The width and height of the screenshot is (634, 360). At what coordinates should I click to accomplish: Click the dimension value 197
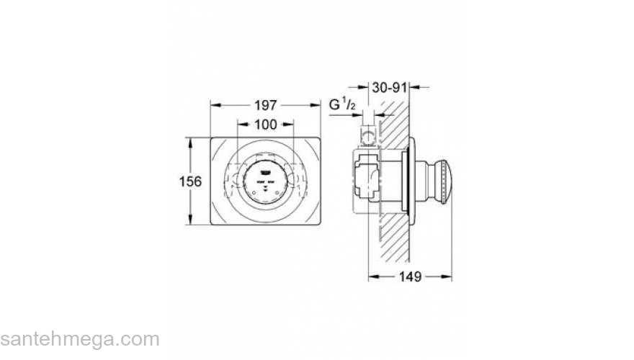point(265,105)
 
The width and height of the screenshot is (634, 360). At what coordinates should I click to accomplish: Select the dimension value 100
point(265,125)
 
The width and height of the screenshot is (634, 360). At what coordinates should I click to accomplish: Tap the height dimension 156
point(189,181)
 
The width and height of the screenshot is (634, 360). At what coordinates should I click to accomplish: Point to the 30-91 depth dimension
point(390,87)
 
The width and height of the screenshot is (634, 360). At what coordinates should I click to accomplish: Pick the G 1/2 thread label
point(343,105)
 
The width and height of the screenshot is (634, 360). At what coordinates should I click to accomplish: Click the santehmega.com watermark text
point(79,339)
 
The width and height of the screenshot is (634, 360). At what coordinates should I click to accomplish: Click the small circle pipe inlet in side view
point(369,135)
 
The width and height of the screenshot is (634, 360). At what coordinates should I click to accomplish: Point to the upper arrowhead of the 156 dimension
point(190,141)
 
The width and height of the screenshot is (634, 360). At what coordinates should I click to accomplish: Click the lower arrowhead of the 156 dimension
point(190,222)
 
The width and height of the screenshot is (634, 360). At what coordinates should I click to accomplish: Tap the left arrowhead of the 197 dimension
point(213,105)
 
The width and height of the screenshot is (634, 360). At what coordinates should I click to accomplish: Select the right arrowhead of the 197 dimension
point(317,105)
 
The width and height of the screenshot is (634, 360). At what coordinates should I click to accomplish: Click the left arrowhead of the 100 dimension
point(240,125)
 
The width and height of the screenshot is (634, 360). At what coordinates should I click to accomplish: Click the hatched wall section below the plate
point(393,238)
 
